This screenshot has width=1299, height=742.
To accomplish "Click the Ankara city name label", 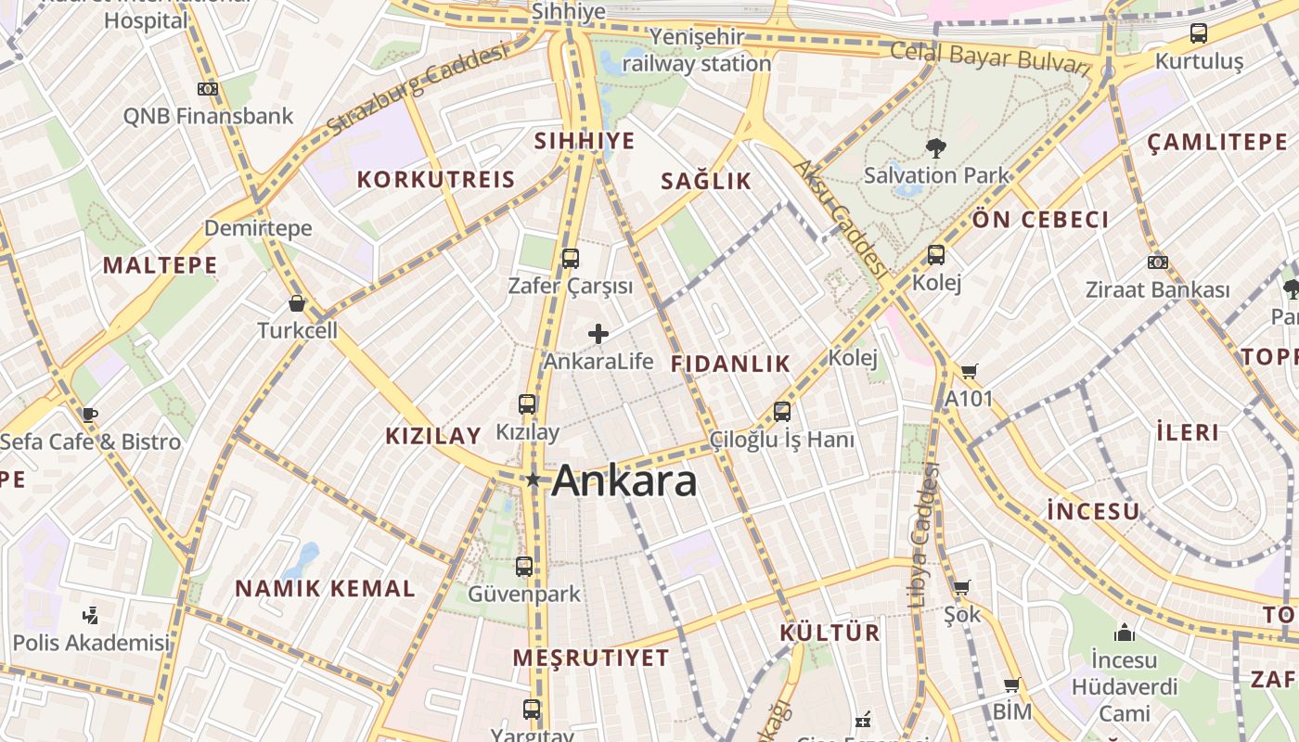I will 624,480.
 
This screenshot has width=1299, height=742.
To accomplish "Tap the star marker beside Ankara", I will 533,480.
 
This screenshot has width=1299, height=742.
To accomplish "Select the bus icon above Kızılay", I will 527,403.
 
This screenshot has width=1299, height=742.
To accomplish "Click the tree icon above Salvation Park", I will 935,147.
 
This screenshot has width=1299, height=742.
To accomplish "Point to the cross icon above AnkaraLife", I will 598,334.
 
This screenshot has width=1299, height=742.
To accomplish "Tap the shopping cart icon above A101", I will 969,371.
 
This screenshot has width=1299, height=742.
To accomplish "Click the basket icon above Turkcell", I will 297,303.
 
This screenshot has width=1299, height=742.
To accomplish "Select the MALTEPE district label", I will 160,265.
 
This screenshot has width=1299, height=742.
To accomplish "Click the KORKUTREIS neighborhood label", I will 436,179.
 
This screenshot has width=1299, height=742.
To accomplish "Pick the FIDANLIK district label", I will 730,364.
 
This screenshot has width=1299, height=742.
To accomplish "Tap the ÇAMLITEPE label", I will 1217,142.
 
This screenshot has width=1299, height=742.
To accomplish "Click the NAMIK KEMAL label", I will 325,588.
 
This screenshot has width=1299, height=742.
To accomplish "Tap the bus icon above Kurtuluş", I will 1199,33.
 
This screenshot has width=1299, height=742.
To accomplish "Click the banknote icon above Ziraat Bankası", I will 1157,262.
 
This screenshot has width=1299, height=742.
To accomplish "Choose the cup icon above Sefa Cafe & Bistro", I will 89,415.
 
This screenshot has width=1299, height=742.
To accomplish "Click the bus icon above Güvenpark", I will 524,566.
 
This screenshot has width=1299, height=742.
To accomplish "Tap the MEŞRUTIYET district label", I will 591,659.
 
